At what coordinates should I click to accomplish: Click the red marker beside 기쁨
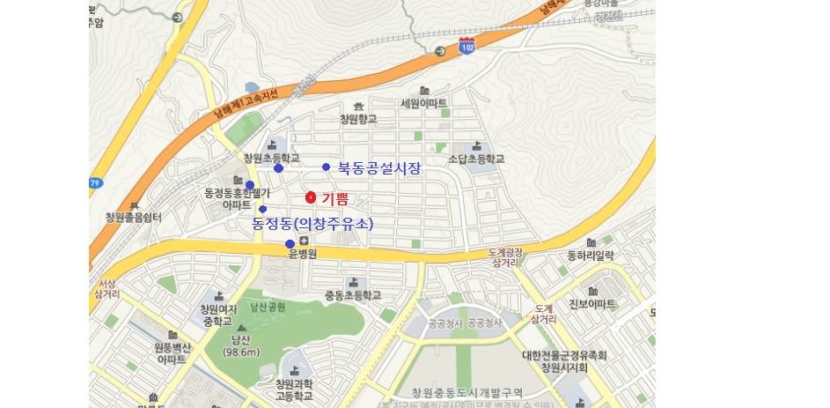(x=311, y=197)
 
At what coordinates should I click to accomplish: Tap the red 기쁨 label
(x=334, y=198)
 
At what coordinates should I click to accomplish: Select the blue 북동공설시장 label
(x=379, y=167)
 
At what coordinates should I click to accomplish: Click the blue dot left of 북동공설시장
(x=326, y=167)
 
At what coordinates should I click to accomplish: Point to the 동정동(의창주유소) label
(x=312, y=224)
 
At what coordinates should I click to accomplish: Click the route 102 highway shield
(x=466, y=47)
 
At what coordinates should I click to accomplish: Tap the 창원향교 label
(x=358, y=118)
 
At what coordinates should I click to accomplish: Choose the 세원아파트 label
(x=423, y=103)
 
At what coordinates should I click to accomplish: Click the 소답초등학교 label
(x=476, y=159)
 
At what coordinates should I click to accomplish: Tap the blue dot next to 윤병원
(x=290, y=244)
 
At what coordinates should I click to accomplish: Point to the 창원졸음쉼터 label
(x=133, y=218)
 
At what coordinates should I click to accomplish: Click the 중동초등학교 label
(x=353, y=295)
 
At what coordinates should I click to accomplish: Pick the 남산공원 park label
(x=268, y=308)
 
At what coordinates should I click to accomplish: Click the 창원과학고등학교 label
(x=294, y=390)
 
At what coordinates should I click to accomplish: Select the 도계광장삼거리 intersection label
(x=506, y=257)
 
